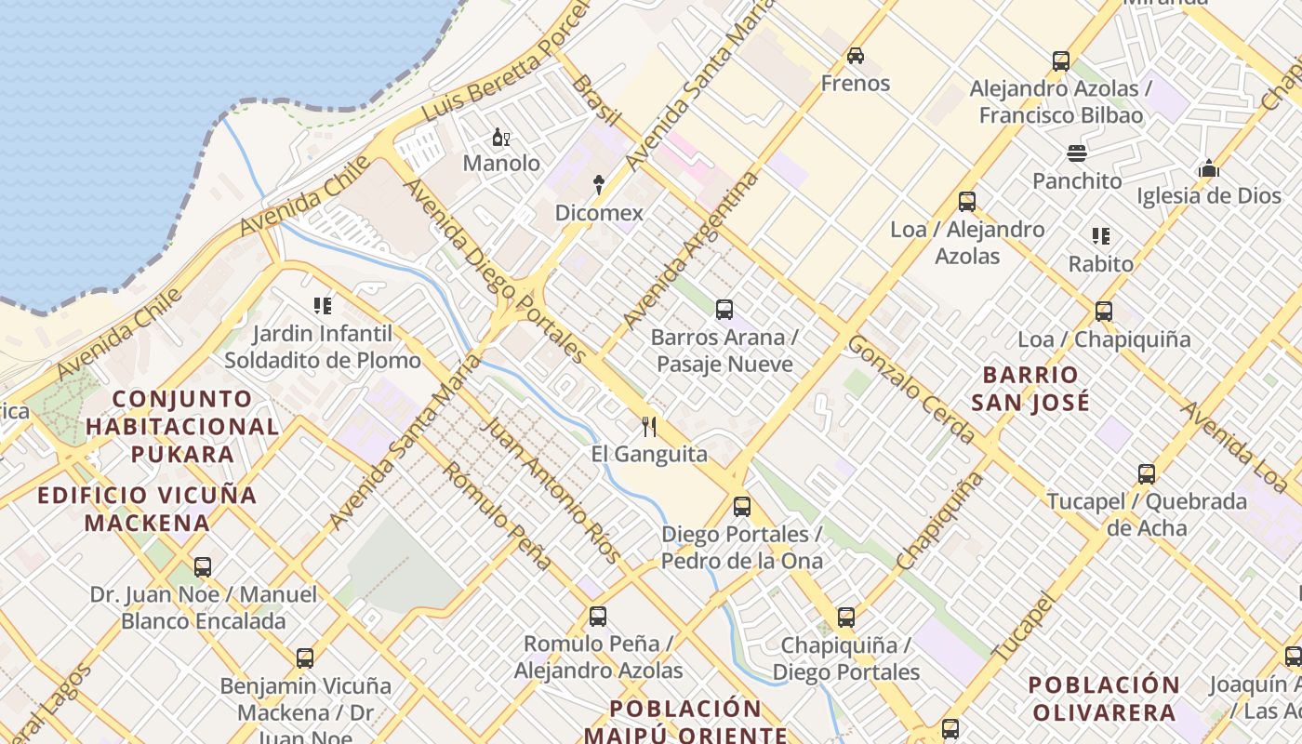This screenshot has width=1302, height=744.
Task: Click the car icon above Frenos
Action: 855,56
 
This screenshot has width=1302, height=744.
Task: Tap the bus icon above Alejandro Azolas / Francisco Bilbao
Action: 1060,61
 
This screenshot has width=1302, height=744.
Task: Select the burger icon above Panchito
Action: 1077,153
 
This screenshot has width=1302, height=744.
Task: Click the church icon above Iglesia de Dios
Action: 1208,168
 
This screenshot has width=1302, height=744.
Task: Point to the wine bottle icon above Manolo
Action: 501,138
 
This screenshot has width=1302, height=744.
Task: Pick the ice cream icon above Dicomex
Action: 599,185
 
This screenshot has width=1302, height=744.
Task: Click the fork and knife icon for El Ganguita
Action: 649,427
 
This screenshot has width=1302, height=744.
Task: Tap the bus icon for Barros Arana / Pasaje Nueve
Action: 724,310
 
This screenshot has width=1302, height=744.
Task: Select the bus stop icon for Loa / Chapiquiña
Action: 1104,312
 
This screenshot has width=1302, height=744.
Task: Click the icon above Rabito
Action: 1101,236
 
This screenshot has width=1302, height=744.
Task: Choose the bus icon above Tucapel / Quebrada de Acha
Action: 1147,474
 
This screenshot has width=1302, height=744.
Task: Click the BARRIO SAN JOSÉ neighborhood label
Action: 1030,389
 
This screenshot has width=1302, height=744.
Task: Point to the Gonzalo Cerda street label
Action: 911,389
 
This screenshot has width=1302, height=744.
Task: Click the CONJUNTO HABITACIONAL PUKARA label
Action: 182,426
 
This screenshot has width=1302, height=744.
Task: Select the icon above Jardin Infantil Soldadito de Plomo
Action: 323,305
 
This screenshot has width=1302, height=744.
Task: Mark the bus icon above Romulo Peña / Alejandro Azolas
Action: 598,616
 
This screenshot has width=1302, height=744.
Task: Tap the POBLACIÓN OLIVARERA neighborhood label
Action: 1103,698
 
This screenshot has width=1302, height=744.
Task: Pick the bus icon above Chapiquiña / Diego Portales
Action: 845,618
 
